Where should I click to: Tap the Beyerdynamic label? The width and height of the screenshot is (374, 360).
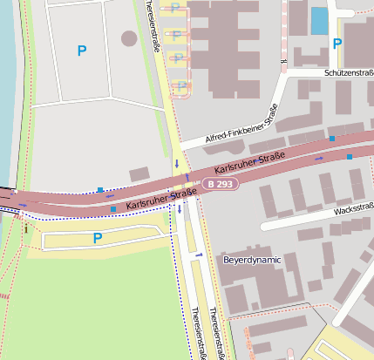click(x=251, y=260)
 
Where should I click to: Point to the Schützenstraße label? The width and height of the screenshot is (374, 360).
click(x=348, y=74)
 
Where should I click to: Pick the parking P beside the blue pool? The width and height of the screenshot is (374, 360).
click(x=337, y=43)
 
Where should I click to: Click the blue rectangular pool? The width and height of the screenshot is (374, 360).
click(x=320, y=20)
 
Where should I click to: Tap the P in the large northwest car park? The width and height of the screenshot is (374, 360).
click(x=82, y=51)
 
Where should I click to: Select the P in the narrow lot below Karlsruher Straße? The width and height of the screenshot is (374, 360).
click(x=98, y=238)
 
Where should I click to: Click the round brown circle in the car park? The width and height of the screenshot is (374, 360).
click(x=129, y=38)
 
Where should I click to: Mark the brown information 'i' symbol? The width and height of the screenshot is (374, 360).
click(x=26, y=229)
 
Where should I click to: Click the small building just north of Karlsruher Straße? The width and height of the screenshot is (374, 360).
click(x=139, y=175)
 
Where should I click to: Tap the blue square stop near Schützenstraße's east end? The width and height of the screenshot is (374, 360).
click(x=332, y=139)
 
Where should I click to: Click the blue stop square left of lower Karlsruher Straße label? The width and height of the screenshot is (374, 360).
click(x=113, y=209)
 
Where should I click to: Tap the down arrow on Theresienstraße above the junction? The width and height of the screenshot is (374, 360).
click(x=177, y=163)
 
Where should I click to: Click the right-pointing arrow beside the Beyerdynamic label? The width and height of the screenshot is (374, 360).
click(x=200, y=255)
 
